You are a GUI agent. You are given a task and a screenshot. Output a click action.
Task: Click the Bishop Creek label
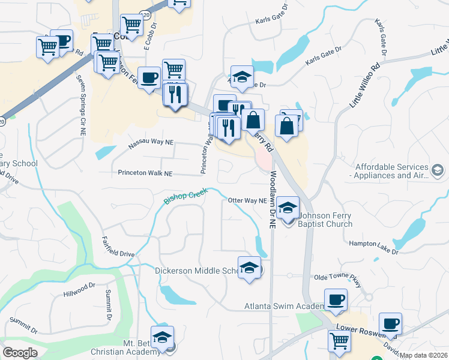[x=186, y=196]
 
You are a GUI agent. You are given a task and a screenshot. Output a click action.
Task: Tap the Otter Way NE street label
[x=247, y=200]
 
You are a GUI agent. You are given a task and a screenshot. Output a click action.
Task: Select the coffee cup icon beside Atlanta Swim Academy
[x=336, y=299]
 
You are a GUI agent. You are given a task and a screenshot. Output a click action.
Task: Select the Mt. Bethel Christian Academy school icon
[x=162, y=338]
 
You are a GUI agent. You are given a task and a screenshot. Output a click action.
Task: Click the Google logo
[x=20, y=353]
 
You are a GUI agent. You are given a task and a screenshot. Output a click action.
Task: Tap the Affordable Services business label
[x=391, y=171]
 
